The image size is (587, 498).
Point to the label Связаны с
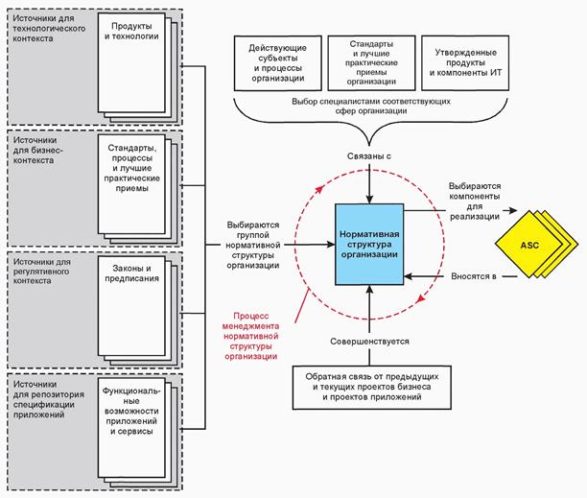tap(369, 154)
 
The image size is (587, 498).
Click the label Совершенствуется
tap(369, 339)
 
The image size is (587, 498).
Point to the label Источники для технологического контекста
tap(48, 29)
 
